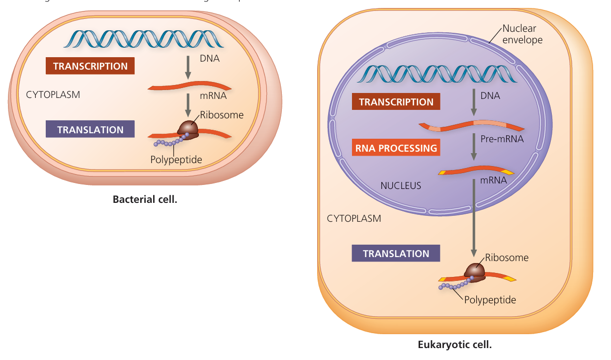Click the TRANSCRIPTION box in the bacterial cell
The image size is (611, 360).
pyautogui.click(x=90, y=66)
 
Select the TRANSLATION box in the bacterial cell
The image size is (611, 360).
pyautogui.click(x=90, y=130)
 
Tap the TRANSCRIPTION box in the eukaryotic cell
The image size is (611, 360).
pyautogui.click(x=396, y=102)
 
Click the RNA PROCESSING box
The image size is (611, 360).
pyautogui.click(x=396, y=148)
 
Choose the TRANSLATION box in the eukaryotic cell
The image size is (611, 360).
pyautogui.click(x=396, y=254)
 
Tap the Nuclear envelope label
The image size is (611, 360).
pyautogui.click(x=522, y=34)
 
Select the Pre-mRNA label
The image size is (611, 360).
pyautogui.click(x=502, y=139)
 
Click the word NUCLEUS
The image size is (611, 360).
pyautogui.click(x=401, y=186)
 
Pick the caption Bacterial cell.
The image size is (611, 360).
pyautogui.click(x=145, y=200)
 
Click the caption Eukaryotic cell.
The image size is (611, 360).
pyautogui.click(x=455, y=344)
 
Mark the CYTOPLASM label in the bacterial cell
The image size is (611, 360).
pyautogui.click(x=53, y=94)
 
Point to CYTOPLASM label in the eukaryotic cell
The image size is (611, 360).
pyautogui.click(x=354, y=218)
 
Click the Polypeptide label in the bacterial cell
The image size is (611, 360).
pyautogui.click(x=176, y=160)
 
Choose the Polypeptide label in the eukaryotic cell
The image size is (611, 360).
pyautogui.click(x=490, y=300)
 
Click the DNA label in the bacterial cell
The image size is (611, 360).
pyautogui.click(x=210, y=59)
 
